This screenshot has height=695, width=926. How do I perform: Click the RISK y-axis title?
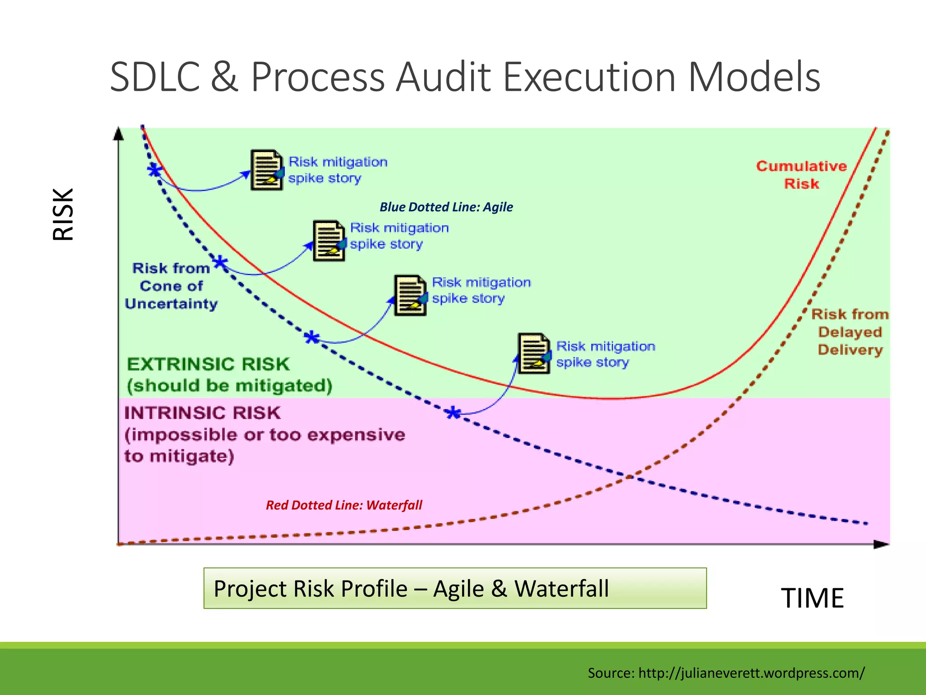(x=63, y=214)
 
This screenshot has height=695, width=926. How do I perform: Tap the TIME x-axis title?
(x=812, y=598)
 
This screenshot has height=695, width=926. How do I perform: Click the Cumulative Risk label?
(x=801, y=175)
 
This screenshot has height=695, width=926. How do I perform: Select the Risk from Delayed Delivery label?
(x=850, y=332)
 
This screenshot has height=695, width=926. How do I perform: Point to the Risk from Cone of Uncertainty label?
(x=171, y=286)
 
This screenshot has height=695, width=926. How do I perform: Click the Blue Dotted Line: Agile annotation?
(x=446, y=207)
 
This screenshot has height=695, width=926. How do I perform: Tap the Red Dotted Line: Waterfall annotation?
(x=344, y=505)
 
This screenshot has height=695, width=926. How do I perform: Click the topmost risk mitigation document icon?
(x=266, y=170)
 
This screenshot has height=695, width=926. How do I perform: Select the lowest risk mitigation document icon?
(x=534, y=353)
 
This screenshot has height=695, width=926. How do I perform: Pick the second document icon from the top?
(x=329, y=241)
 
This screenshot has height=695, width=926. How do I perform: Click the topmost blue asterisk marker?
(x=155, y=170)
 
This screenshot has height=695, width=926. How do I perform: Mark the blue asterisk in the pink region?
(x=453, y=413)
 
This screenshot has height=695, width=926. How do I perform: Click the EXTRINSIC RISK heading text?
(x=208, y=364)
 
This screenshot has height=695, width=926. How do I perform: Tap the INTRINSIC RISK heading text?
(x=202, y=413)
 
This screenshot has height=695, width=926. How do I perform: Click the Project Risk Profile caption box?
(x=455, y=588)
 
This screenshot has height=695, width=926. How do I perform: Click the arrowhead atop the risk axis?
(x=118, y=133)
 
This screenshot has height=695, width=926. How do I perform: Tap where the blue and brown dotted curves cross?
(x=630, y=476)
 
